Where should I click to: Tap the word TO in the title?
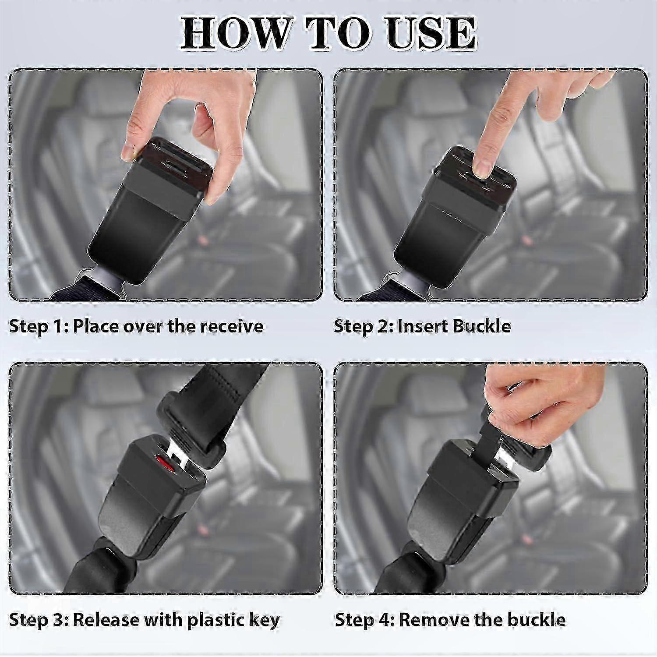(x=339, y=33)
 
